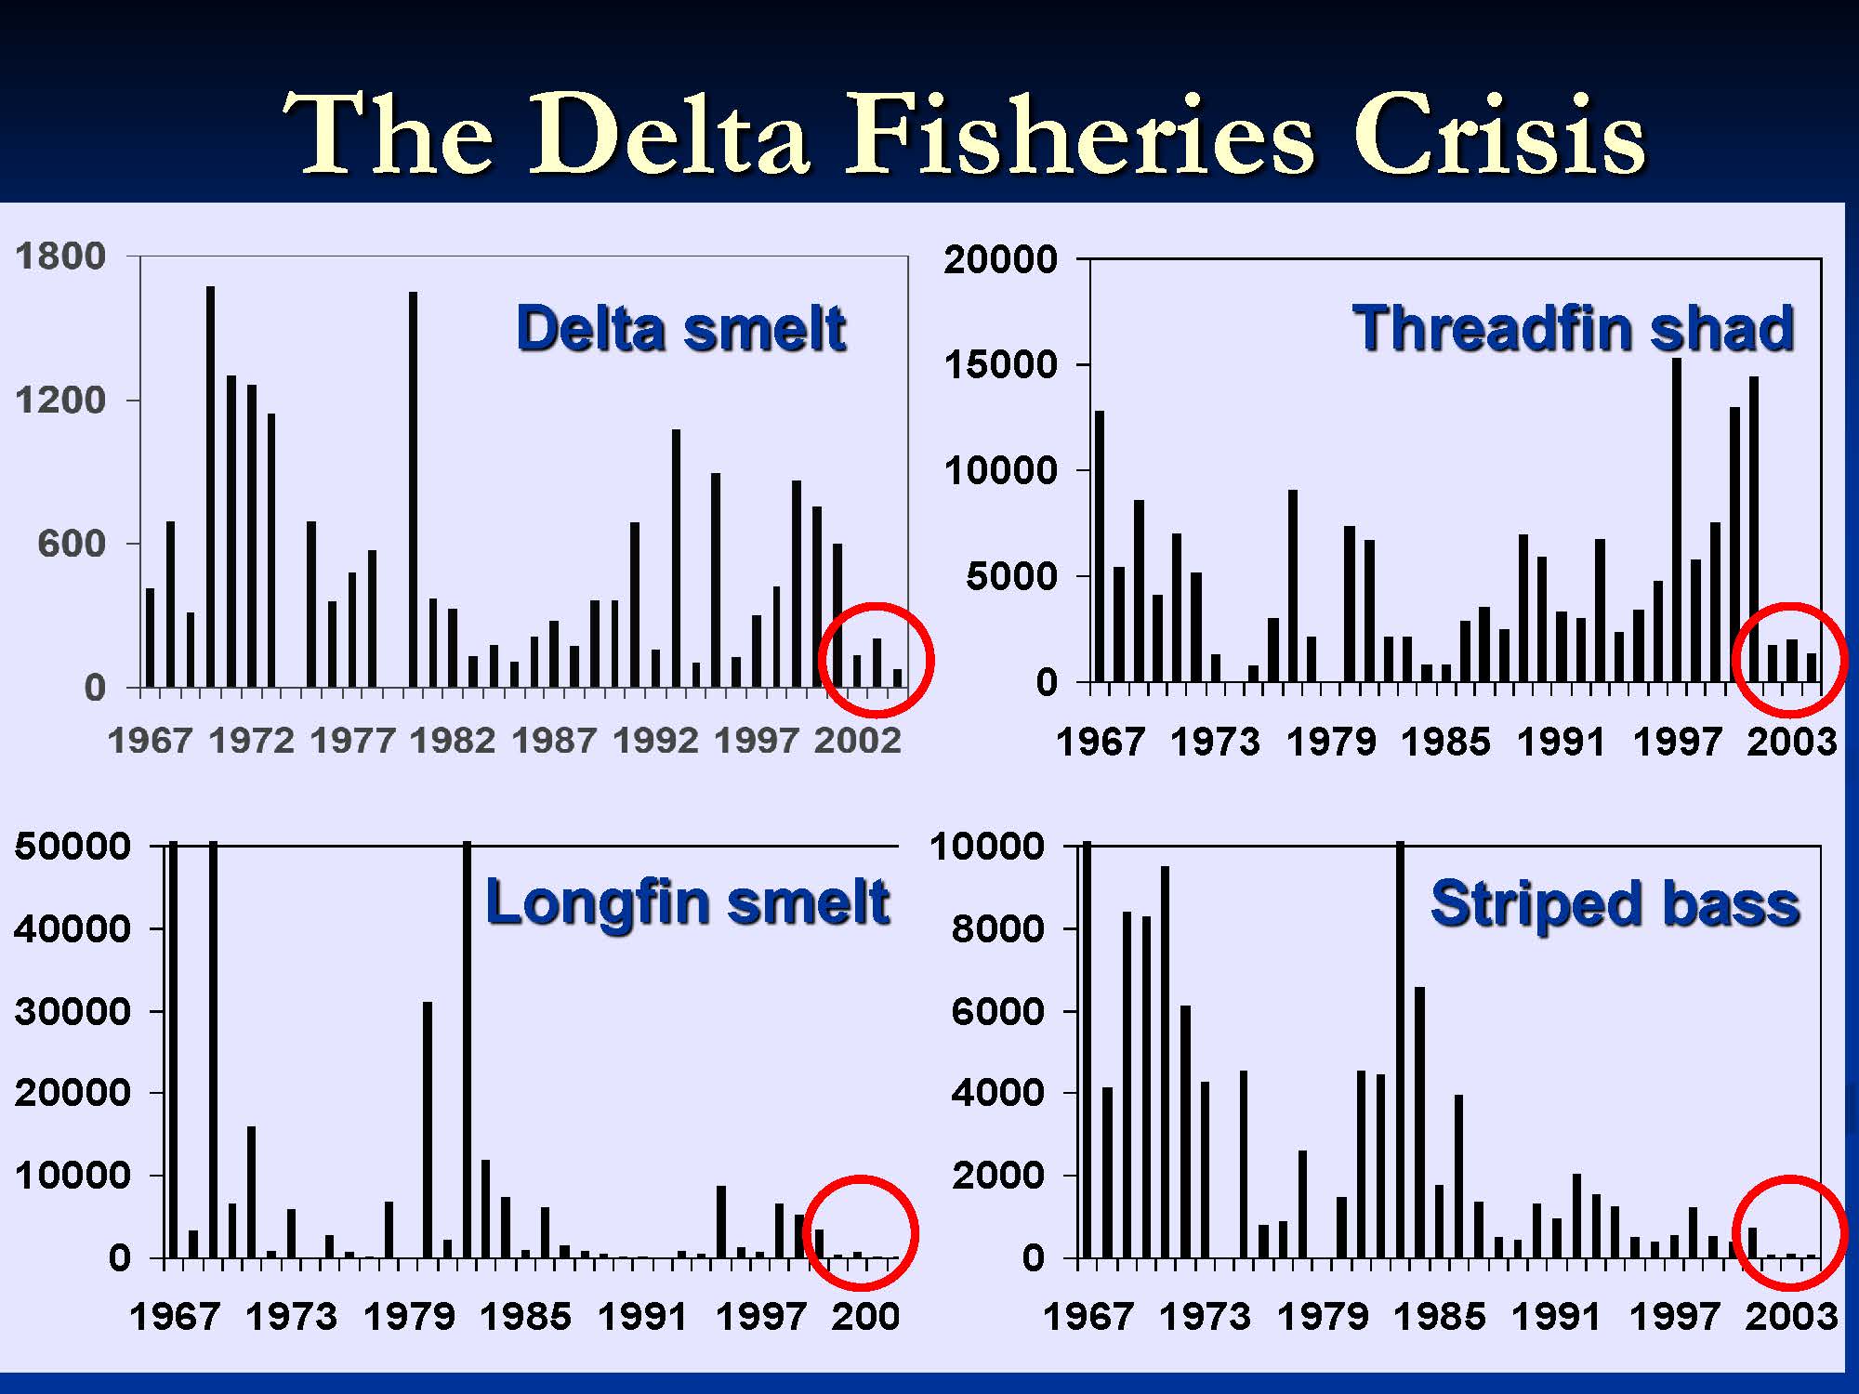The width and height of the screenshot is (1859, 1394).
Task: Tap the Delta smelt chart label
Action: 680,329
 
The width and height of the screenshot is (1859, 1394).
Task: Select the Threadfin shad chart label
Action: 1573,329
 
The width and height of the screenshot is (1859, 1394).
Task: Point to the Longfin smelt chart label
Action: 687,902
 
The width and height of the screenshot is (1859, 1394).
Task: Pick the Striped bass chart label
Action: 1615,904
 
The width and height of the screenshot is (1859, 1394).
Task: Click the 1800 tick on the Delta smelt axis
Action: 60,256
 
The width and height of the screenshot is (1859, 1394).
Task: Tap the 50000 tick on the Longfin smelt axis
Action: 72,846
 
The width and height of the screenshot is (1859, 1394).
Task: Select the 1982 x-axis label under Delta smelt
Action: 453,741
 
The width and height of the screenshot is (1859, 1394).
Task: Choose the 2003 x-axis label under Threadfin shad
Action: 1791,742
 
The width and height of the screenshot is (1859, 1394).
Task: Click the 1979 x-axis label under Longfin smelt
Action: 409,1316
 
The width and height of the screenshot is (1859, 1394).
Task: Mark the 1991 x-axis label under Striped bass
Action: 1556,1316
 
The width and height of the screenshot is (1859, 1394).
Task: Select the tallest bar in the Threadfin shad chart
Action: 1677,520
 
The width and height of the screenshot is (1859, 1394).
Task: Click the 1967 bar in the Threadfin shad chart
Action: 1100,546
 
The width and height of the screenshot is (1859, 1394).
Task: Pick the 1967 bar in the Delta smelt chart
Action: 151,638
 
